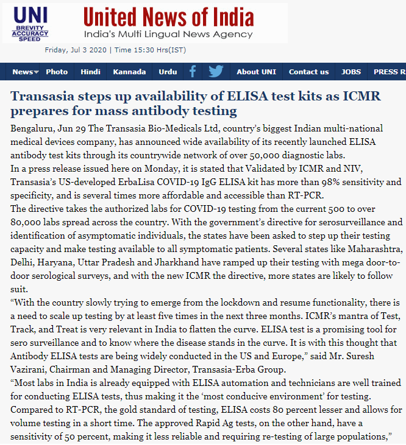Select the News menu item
point(23,72)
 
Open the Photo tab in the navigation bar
point(57,72)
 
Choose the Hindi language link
point(90,72)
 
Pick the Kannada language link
point(129,72)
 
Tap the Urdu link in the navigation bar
point(168,72)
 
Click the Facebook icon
point(193,72)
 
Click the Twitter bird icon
point(216,72)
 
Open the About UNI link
point(256,72)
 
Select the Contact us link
point(308,72)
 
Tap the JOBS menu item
point(351,72)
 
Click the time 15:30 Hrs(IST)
point(151,50)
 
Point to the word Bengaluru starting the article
point(32,128)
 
